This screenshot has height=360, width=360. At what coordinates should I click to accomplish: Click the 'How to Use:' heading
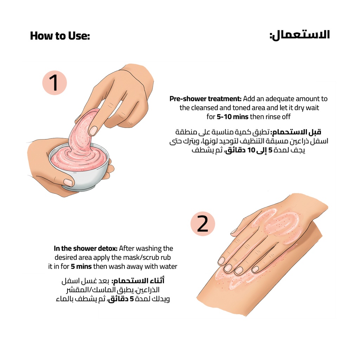[60, 36]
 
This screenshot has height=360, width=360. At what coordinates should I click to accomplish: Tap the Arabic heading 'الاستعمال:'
[300, 35]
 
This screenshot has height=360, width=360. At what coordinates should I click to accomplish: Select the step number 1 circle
[54, 83]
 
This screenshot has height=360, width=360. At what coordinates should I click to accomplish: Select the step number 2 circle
[202, 224]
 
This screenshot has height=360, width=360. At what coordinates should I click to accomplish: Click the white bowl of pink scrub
[79, 166]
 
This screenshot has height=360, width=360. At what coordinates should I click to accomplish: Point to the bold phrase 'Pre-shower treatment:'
[205, 99]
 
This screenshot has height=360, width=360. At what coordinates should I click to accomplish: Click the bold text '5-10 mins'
[232, 117]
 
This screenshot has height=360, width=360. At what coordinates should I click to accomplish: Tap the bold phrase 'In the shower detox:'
[86, 249]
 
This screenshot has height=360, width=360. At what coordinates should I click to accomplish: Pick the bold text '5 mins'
[81, 266]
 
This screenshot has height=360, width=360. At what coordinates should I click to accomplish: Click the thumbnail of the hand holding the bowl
[68, 182]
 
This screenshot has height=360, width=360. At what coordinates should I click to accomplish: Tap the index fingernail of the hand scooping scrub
[93, 131]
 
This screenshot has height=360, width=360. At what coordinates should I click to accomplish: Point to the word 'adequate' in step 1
[279, 99]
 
